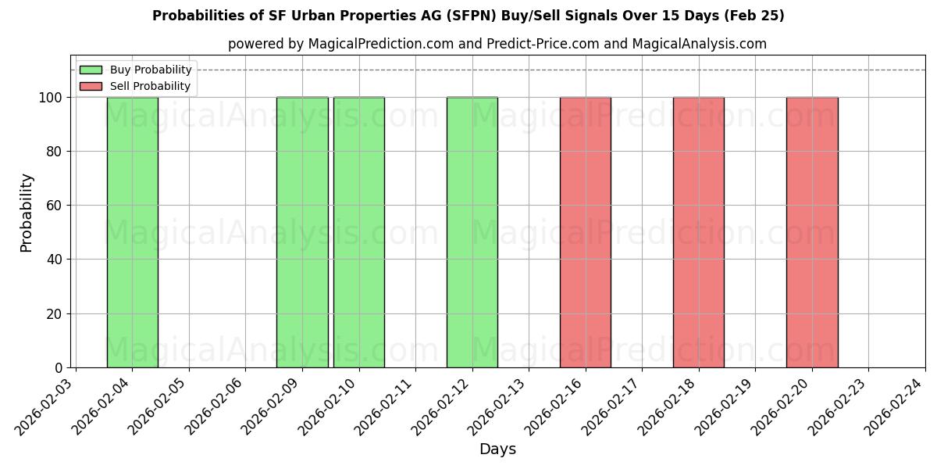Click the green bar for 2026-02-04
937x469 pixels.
pos(132,232)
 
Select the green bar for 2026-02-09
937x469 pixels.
pos(302,232)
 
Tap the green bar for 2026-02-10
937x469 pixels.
pos(359,232)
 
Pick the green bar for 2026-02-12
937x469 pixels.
pos(472,232)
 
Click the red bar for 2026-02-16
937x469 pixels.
pos(586,232)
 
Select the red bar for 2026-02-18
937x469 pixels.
pos(699,232)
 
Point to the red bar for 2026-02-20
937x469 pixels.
pos(812,232)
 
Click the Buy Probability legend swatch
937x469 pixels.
pos(91,70)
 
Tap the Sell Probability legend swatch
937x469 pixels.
pos(91,86)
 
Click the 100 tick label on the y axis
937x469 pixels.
pos(51,98)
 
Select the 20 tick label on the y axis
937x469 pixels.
pos(55,314)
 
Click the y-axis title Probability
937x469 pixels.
pos(27,213)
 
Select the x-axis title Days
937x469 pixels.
pos(497,449)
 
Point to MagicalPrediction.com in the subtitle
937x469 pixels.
pos(381,44)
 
